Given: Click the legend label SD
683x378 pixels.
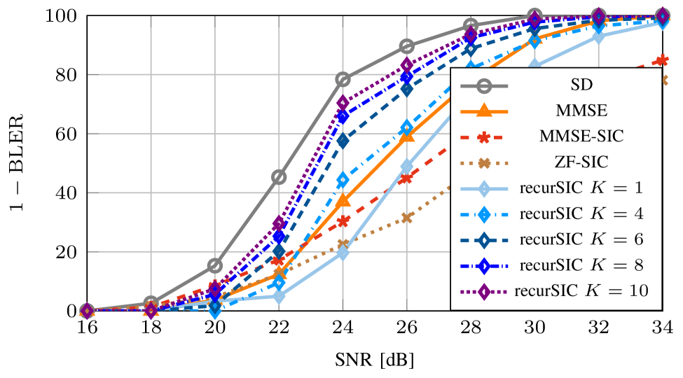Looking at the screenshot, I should tap(581, 85).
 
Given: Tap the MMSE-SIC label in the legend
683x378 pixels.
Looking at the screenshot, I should tap(581, 136).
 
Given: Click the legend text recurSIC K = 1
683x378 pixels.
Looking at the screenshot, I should tap(581, 188).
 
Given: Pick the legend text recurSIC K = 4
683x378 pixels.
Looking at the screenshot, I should tap(581, 213).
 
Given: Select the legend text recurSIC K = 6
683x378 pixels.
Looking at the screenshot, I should tap(581, 239).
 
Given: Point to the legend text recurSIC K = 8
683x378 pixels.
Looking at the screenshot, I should tap(581, 265).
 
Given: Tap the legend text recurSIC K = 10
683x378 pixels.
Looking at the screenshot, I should tap(581, 290).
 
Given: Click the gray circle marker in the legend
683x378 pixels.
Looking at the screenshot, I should tap(483, 85).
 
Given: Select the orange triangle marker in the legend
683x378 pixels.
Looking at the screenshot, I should tap(483, 111).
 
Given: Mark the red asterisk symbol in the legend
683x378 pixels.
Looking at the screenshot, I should tap(483, 136).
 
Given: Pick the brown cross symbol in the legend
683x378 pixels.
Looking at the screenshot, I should tap(483, 162).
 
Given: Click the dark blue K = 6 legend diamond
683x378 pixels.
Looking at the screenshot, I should tap(483, 239).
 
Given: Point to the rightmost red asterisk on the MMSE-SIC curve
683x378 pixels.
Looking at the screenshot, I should tap(662, 61).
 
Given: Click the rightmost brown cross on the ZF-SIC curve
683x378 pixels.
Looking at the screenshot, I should tap(663, 80).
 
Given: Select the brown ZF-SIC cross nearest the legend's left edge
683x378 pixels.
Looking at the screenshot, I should tap(407, 218).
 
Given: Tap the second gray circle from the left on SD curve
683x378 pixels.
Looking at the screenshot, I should tap(151, 302).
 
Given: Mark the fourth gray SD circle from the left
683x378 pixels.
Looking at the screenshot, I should tap(279, 176).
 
